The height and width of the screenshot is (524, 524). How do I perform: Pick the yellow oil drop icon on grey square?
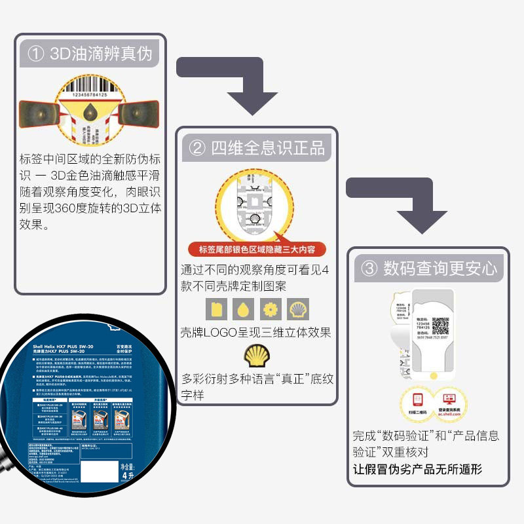242,309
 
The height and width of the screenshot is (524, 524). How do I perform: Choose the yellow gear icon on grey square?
270,309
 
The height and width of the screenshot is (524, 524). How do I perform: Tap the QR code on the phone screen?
440,326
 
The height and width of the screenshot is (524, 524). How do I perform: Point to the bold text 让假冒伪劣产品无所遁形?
417,469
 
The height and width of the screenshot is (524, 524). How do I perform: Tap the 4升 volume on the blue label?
130,477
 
